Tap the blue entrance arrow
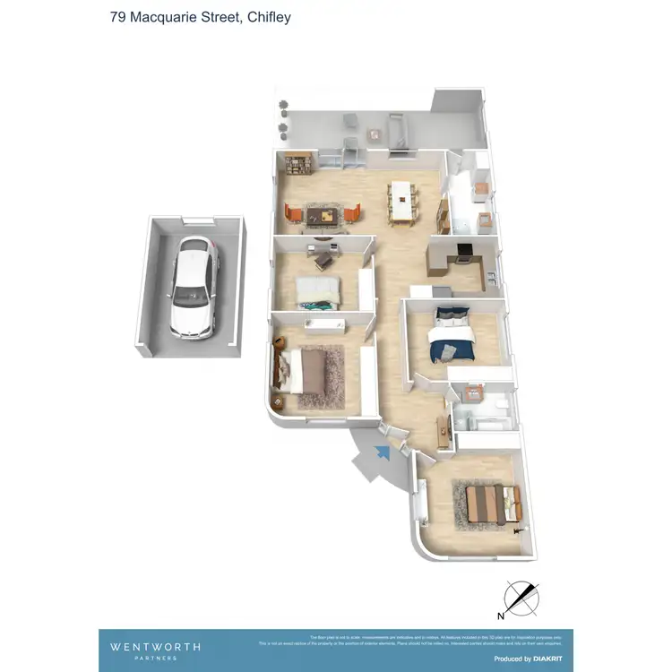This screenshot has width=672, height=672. click(383, 453)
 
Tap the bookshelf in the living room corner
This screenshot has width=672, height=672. click(297, 165)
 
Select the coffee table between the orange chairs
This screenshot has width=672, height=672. click(323, 214)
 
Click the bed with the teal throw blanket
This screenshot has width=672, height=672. click(318, 291)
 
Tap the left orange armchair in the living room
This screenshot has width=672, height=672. click(292, 213)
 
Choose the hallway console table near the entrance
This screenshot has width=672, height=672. click(442, 431)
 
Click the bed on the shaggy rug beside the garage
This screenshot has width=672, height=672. click(312, 372)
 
